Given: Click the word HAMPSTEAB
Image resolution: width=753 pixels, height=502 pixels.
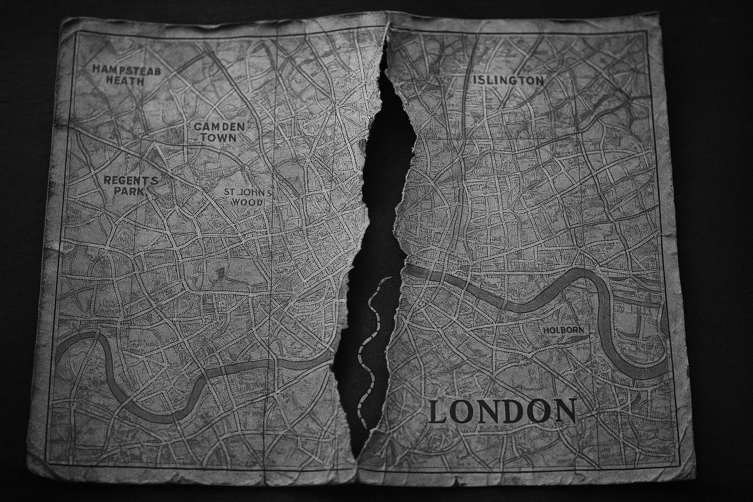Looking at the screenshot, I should [x=126, y=70].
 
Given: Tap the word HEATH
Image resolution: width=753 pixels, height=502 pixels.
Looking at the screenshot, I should [x=125, y=81].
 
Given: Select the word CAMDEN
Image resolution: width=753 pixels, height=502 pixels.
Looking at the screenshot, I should [x=219, y=126].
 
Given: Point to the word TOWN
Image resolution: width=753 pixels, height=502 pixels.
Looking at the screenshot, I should [x=218, y=138].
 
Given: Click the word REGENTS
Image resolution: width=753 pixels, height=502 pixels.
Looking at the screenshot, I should [x=131, y=180].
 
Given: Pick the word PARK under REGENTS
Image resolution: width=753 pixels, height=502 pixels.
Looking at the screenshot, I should [x=130, y=192].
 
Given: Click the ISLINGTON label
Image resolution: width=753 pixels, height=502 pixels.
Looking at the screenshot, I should [x=508, y=80].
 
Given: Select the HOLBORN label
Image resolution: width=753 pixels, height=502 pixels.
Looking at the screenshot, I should [x=564, y=330].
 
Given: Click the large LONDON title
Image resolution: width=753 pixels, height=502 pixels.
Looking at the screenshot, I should [x=502, y=411].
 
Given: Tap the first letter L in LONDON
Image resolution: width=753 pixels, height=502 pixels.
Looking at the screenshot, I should [x=438, y=412].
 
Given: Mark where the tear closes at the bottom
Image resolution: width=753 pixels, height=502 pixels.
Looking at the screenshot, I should [x=358, y=461].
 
